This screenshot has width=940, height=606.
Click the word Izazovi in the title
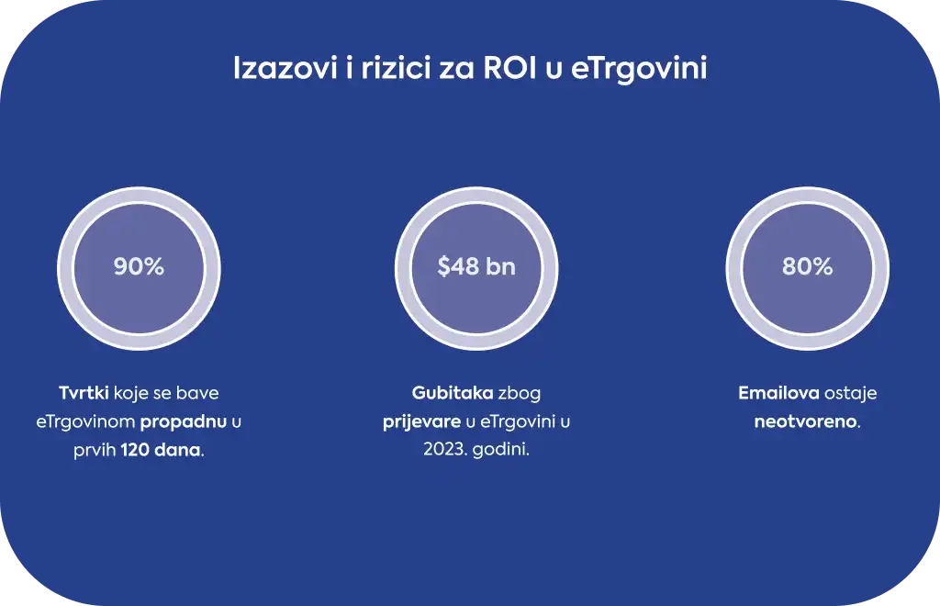coord(285,68)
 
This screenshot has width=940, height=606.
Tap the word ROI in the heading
coord(509,68)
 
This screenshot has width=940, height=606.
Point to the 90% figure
coord(139,266)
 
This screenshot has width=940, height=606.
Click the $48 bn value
coord(476,266)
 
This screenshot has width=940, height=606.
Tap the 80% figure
coord(807,266)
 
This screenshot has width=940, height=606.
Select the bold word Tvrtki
coord(84,393)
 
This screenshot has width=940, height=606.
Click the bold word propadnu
coord(184,422)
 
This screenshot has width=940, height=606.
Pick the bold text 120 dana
coord(161,450)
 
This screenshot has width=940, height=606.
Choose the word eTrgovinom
coord(85,421)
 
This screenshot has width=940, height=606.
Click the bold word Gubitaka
coord(453,393)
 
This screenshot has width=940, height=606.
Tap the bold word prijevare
coord(421,422)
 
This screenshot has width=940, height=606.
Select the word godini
coord(501,451)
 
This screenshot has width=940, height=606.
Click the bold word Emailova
coord(778,393)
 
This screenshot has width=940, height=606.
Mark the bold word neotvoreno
coord(805,421)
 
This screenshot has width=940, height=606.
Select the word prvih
coord(95,451)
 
